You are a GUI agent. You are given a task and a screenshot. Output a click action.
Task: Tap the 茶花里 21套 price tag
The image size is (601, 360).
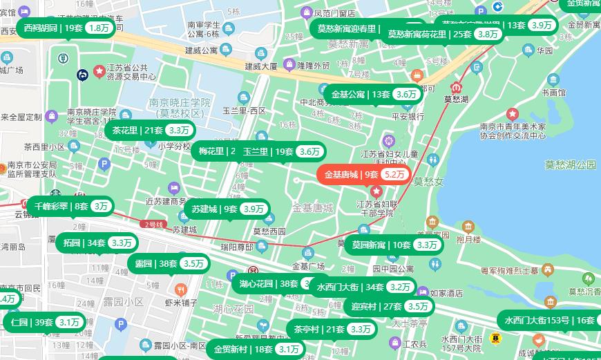click(151, 130)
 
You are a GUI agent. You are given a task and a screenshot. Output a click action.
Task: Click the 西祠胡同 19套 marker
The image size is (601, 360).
click(66, 28)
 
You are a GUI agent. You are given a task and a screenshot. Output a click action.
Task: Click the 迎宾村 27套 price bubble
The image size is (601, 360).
click(390, 306)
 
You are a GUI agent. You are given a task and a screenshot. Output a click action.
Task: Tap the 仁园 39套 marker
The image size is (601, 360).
click(44, 322)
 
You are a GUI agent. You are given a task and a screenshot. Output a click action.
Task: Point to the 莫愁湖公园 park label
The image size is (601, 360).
click(570, 164)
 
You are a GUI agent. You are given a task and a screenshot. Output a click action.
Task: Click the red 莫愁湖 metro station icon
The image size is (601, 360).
click(456, 88)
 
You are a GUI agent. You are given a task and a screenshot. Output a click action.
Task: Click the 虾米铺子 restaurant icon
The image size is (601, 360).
click(181, 290)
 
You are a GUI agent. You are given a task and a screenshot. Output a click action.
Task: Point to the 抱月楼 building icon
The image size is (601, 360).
click(468, 227)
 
